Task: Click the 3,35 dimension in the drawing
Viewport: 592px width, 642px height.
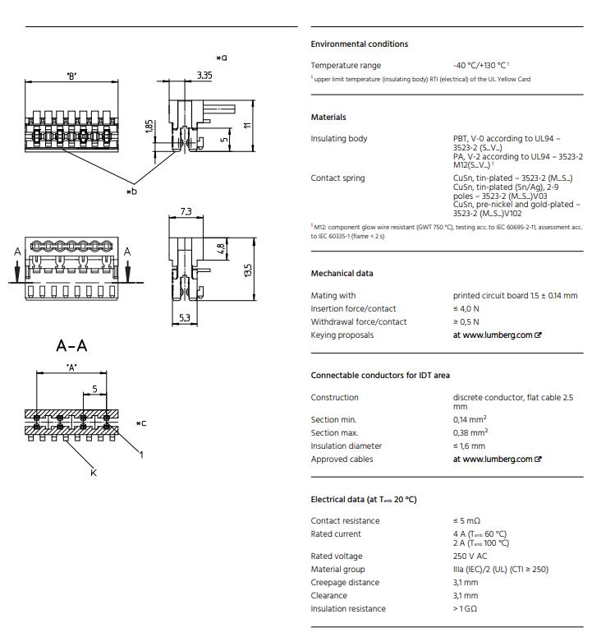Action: click(x=204, y=76)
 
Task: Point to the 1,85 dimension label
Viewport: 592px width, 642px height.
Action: click(x=149, y=127)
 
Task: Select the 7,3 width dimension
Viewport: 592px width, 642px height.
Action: click(x=186, y=211)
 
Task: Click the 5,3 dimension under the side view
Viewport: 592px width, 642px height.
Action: click(x=184, y=317)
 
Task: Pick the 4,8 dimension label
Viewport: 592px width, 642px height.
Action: click(x=219, y=248)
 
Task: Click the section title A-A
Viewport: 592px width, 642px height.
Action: click(x=71, y=345)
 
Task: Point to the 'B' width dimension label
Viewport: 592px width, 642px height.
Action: click(x=71, y=76)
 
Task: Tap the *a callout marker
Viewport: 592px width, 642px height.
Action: click(x=222, y=58)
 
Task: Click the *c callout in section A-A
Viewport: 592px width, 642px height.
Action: click(x=141, y=424)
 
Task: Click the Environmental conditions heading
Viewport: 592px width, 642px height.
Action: click(x=359, y=44)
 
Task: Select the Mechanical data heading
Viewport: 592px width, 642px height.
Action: click(x=342, y=274)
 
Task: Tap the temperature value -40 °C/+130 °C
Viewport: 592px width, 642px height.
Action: click(x=481, y=66)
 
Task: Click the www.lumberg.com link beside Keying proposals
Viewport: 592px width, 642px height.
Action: click(x=497, y=335)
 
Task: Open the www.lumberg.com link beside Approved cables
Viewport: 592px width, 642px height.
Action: click(x=497, y=460)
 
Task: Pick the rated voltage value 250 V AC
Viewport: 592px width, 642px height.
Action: click(x=475, y=557)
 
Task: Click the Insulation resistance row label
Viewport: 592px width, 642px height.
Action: click(x=348, y=609)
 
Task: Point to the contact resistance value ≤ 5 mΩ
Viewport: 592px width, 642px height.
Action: click(x=466, y=521)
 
